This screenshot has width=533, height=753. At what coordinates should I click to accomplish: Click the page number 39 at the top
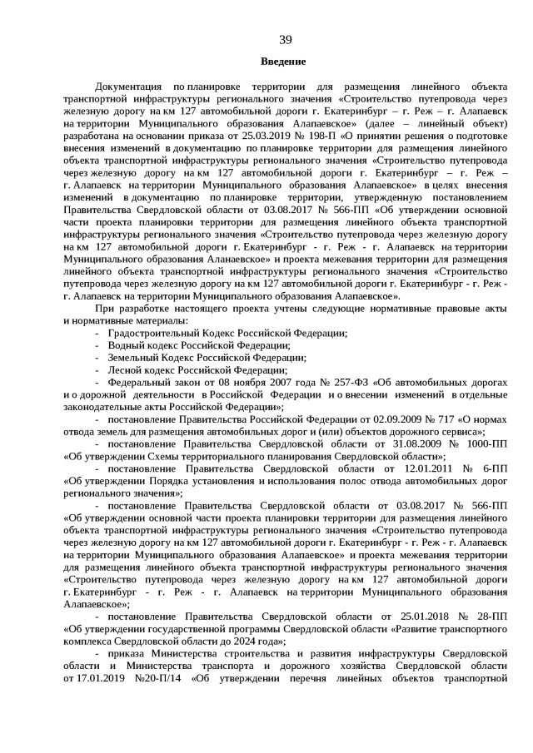[x=284, y=40]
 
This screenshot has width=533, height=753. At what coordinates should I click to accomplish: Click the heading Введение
[x=283, y=62]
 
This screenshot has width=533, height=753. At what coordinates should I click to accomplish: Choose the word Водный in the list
[x=126, y=345]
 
